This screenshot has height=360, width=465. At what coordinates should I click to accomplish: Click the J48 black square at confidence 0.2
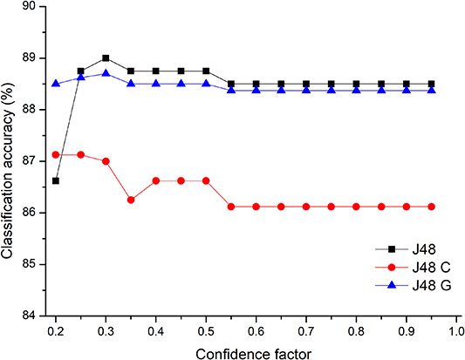56,180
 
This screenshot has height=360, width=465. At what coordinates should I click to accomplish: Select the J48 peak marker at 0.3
106,58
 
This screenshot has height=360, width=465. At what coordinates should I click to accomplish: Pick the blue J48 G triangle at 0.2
56,84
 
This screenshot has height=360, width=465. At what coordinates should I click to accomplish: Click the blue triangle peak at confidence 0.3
106,73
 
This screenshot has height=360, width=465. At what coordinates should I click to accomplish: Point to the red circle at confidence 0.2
56,154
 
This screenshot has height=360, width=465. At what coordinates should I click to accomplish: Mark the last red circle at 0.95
431,207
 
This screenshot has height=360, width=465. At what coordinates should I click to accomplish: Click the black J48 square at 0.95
431,84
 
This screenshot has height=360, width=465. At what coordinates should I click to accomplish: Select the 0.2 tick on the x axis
56,330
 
